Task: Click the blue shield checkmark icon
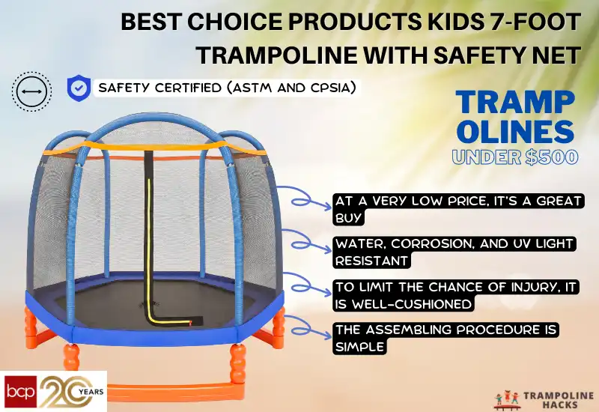[78, 88]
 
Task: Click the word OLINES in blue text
[515, 133]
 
